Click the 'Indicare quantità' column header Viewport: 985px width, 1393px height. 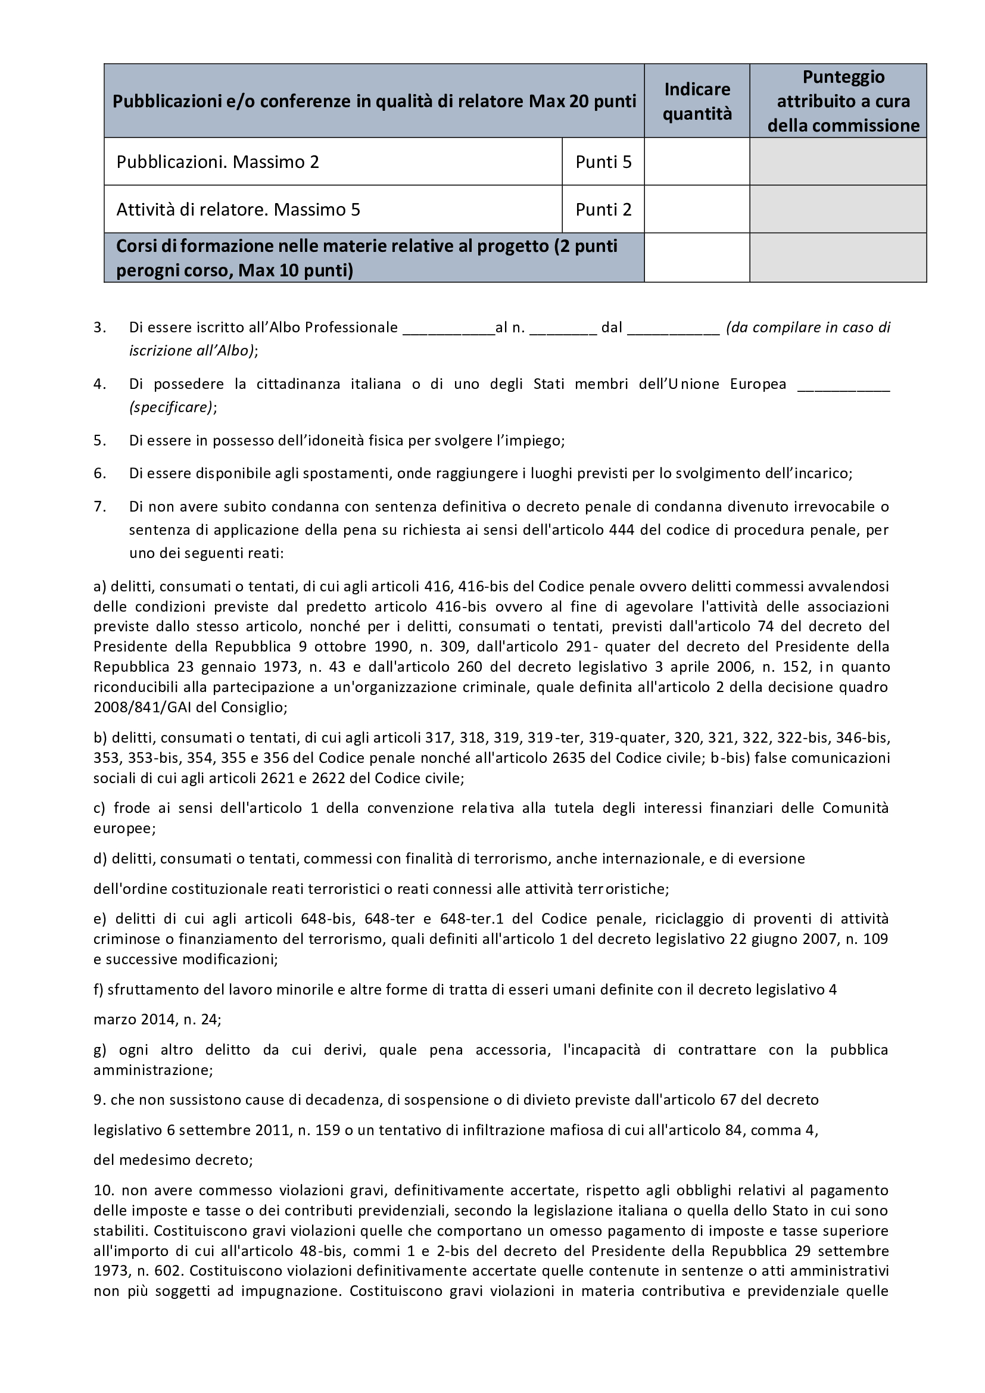tap(697, 101)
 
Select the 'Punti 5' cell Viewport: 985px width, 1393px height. tap(603, 162)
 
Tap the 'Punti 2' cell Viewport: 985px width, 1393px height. tap(603, 209)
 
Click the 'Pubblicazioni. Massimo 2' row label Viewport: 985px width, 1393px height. tap(218, 162)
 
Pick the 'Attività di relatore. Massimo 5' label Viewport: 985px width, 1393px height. tap(238, 209)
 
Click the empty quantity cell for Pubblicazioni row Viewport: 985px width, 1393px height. tap(697, 161)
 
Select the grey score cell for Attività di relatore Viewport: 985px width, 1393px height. tap(838, 209)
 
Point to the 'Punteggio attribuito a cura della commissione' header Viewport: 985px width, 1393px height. tap(843, 101)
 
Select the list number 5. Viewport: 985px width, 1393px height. tap(100, 441)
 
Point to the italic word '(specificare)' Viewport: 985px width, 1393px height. tap(171, 407)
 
